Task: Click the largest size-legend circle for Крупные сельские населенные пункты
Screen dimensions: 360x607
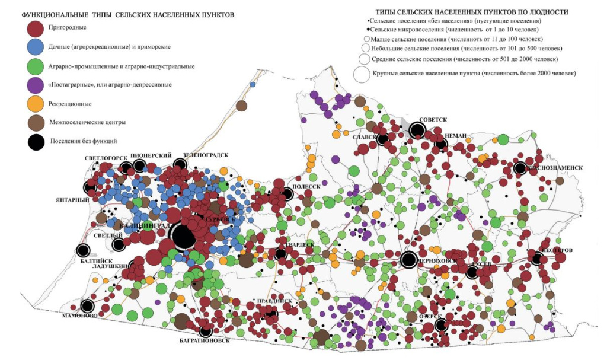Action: pos(361,74)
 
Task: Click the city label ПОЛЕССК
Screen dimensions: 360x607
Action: pos(307,186)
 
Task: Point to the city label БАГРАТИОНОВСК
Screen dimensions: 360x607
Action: pos(204,342)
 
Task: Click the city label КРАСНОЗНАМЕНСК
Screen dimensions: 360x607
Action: pos(554,168)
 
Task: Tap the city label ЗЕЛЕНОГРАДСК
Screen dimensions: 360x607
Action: pos(205,155)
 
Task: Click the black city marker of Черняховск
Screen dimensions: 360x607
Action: pos(408,259)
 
